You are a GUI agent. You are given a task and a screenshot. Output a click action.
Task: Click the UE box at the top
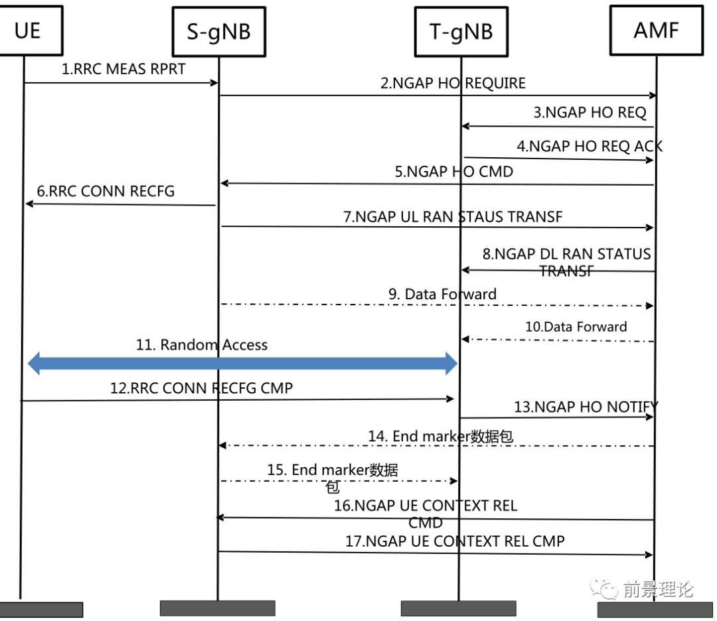pos(27,30)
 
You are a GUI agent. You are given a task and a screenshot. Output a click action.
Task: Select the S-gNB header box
pos(218,31)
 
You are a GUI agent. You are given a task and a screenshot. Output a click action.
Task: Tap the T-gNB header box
pos(461,31)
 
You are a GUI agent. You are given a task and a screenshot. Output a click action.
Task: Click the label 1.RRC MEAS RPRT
pos(123,69)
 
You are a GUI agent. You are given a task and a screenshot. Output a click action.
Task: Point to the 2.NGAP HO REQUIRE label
pos(453,83)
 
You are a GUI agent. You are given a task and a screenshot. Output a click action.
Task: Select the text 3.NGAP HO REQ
pos(590,112)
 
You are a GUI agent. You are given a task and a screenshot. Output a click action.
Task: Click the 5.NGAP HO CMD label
pos(453,171)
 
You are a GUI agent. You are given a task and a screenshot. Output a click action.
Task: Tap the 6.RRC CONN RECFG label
pos(106,191)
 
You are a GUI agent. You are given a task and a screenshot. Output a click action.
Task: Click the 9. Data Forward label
pos(442,293)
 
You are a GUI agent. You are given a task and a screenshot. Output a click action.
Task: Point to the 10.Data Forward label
pos(576,326)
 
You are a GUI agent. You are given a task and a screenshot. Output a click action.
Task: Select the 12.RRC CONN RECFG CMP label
pos(201,388)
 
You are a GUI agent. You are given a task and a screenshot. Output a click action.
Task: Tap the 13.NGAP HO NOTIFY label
pos(586,407)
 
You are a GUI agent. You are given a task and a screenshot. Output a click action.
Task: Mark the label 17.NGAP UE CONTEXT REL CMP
pos(455,541)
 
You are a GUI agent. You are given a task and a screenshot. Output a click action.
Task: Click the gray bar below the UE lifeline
pos(42,609)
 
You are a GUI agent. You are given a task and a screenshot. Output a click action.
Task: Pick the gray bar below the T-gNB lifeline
pos(458,608)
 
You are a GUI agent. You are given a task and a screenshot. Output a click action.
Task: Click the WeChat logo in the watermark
pos(604,588)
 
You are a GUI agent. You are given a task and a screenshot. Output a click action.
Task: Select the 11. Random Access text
pos(201,345)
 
